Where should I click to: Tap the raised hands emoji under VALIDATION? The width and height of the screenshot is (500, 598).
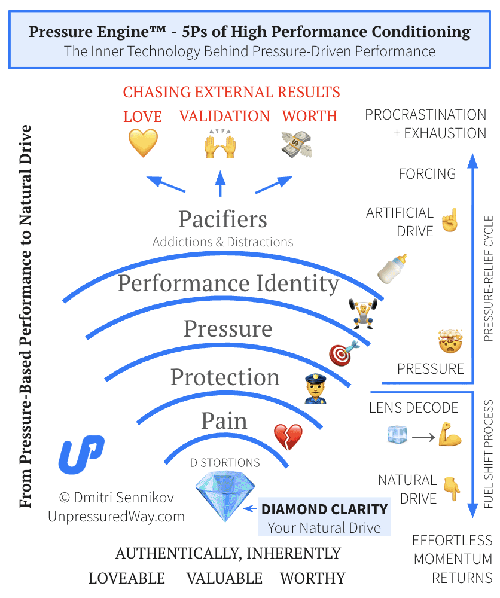click(x=221, y=144)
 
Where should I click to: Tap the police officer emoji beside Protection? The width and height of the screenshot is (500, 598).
click(x=315, y=388)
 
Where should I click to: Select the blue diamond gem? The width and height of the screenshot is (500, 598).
click(x=218, y=496)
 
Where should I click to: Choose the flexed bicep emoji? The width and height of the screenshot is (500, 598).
click(x=449, y=435)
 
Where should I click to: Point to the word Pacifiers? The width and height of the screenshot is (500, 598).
click(x=222, y=219)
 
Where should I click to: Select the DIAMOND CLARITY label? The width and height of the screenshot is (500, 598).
click(x=325, y=509)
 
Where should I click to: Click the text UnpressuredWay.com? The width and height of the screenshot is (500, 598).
click(x=117, y=517)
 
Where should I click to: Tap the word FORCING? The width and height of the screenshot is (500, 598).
click(x=427, y=174)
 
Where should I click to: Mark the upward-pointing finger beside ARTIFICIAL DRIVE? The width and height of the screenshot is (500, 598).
click(x=449, y=220)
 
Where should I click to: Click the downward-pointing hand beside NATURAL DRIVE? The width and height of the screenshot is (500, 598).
click(x=452, y=488)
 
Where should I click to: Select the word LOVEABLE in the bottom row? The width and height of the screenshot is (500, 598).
click(x=127, y=578)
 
